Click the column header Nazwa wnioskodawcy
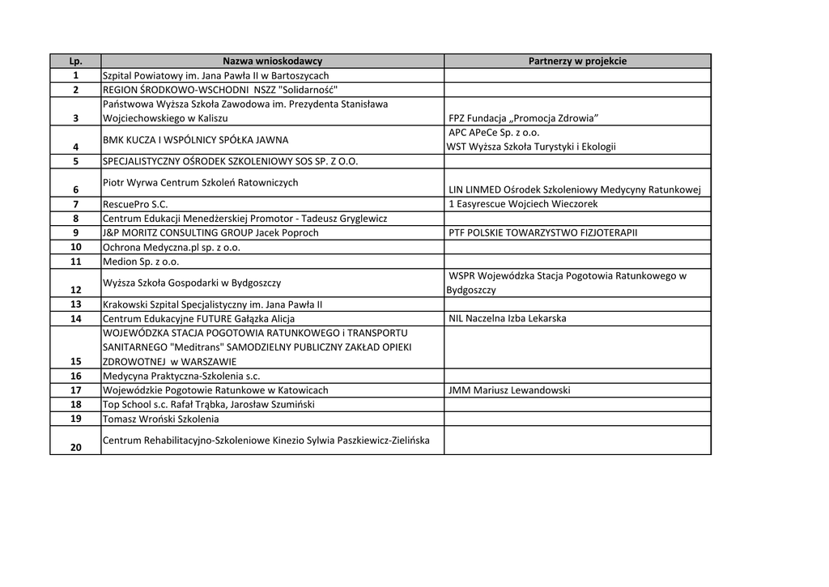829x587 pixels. [x=272, y=61]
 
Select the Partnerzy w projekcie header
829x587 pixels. [x=577, y=61]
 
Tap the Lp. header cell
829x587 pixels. [x=75, y=61]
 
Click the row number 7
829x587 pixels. [x=75, y=204]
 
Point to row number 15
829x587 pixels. [x=76, y=361]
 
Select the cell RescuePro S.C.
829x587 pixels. [x=135, y=204]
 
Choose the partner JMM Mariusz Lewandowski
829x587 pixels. [x=509, y=390]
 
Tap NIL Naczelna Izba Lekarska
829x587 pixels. [x=507, y=318]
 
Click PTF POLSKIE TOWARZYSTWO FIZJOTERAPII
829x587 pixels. [x=542, y=232]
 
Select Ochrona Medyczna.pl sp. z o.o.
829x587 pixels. [x=171, y=247]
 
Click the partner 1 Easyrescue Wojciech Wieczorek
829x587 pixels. [x=522, y=204]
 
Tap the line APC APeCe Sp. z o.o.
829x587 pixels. [x=494, y=132]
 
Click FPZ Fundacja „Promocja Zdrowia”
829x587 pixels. [x=523, y=119]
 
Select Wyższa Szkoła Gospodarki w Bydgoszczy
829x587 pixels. [x=192, y=283]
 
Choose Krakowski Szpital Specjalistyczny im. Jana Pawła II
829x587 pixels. [x=212, y=304]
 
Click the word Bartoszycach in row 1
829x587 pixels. [x=300, y=75]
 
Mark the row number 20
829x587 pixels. [x=76, y=447]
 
